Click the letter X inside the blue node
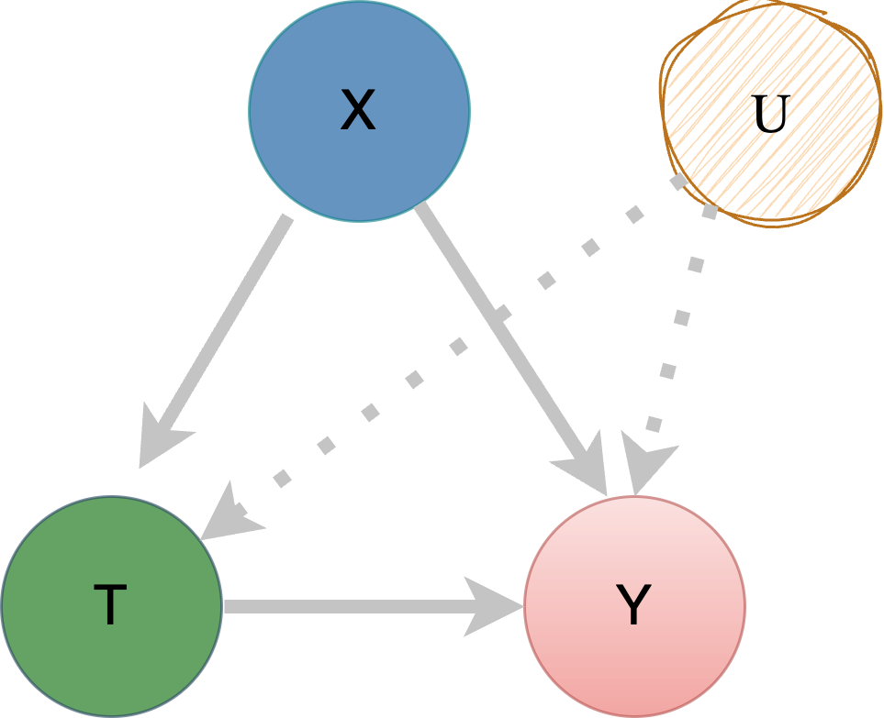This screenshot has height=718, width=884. coord(358,111)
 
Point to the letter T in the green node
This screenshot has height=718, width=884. coord(110,606)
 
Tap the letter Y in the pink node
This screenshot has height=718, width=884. coord(633,606)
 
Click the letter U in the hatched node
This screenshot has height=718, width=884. coord(769,114)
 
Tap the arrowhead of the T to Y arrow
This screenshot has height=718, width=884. coord(491,606)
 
